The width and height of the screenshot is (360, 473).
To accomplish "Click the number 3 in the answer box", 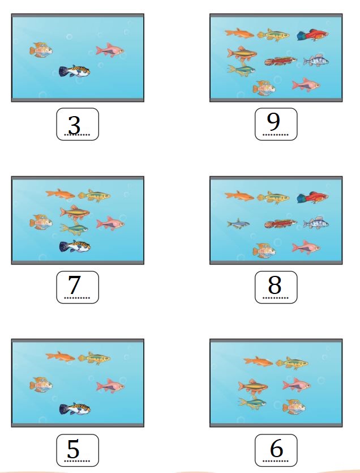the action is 74,125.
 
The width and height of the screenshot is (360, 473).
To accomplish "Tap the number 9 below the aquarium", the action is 273,122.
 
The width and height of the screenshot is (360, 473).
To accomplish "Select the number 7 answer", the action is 74,285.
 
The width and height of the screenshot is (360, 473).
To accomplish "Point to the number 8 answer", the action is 275,285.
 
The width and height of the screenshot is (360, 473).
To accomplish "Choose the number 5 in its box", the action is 73,449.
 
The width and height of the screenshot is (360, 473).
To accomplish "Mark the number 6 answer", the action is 276,448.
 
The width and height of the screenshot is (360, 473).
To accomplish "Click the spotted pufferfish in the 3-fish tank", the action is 75,71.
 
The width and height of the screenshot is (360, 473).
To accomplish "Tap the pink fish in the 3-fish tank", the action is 110,50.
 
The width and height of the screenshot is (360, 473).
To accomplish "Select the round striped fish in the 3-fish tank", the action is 41,50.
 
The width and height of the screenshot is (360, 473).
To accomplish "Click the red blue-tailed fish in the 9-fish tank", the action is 312,35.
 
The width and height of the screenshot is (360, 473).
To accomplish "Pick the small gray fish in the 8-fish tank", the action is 238,224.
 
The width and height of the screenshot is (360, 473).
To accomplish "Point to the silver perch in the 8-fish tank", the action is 316,223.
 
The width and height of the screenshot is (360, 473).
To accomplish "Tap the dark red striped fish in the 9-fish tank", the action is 280,61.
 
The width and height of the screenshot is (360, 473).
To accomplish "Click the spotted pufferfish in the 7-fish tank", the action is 75,246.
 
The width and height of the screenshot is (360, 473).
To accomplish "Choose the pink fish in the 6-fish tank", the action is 297,385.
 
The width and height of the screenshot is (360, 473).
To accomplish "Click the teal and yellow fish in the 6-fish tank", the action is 252,403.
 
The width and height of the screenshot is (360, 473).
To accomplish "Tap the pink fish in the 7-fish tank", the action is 110,224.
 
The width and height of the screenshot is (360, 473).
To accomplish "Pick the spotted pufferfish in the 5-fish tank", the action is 75,409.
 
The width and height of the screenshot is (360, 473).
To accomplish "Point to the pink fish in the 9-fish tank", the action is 306,85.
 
